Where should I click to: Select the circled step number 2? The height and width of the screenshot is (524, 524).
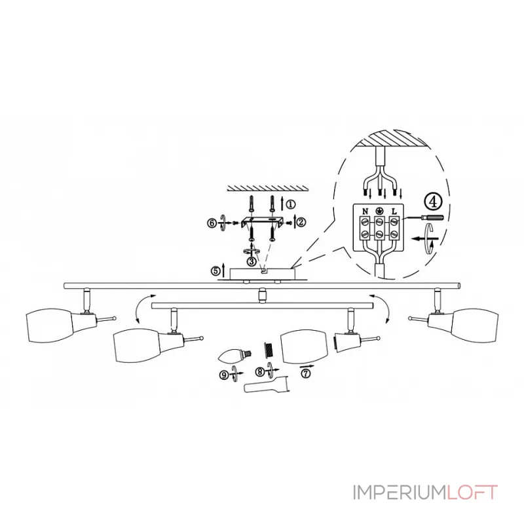301,221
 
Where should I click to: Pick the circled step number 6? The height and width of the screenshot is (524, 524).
211,223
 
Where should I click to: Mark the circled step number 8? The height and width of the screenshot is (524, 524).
260,372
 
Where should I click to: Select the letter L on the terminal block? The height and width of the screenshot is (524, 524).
394,211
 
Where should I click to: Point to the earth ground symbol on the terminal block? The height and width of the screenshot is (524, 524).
379,211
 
